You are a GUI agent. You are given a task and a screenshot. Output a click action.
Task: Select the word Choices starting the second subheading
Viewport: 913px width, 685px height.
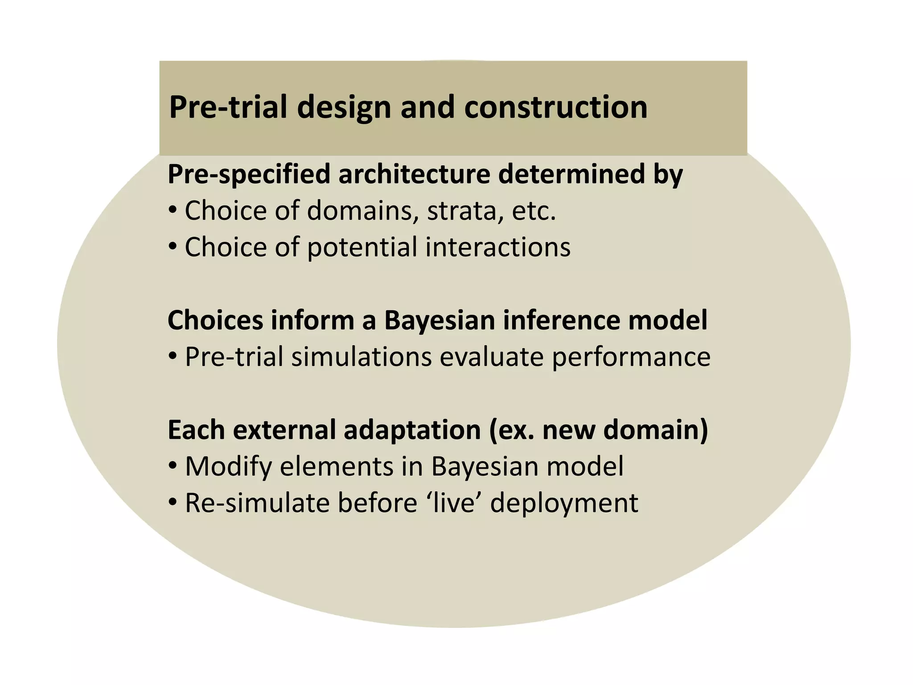[215, 320]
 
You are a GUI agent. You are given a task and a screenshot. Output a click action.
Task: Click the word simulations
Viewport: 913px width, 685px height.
[362, 357]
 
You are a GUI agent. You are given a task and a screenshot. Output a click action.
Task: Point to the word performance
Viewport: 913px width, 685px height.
[631, 358]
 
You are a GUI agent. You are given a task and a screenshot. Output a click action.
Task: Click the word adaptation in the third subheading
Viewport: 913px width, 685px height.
[412, 430]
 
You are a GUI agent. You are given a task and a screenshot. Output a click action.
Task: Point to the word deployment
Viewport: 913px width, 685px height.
[564, 504]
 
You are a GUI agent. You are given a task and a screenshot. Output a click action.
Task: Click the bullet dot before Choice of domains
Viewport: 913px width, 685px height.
[173, 210]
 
